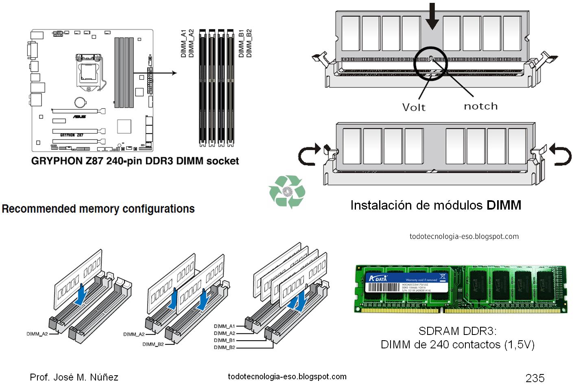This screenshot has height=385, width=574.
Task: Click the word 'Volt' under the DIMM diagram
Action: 414,107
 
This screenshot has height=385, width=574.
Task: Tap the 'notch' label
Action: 480,106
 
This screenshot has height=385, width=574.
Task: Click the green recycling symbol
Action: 287,191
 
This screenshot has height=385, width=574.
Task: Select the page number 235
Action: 535,378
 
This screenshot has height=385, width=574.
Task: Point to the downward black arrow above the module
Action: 432,16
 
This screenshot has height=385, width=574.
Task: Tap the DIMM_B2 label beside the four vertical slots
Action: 249,43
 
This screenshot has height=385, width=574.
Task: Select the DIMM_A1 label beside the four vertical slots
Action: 183,43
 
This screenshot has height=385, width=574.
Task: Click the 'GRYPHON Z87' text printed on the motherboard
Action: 72,135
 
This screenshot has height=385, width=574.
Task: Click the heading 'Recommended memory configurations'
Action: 98,209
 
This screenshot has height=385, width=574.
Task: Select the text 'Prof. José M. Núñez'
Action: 74,377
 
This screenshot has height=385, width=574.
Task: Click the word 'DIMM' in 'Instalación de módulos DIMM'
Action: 504,205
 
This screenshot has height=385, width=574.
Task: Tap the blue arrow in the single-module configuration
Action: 82,293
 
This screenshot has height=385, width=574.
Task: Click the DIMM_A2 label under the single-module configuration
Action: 37,334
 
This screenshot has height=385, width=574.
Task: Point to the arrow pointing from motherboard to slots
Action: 157,73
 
